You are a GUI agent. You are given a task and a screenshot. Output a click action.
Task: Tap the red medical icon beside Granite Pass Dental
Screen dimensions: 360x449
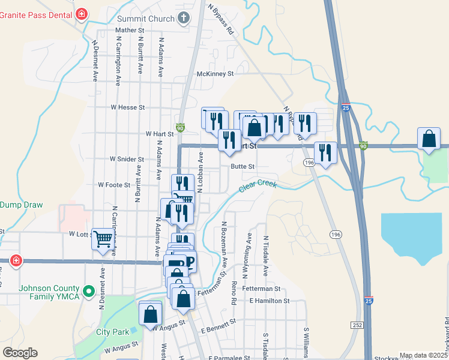pyautogui.click(x=82, y=13)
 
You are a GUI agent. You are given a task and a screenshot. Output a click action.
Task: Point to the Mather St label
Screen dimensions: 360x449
pyautogui.click(x=130, y=30)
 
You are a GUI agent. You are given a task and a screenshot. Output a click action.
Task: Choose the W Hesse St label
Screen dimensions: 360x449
pyautogui.click(x=128, y=107)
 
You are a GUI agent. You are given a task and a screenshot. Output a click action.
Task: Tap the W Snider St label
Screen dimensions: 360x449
pyautogui.click(x=127, y=160)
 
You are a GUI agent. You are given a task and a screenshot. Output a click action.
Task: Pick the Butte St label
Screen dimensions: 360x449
pyautogui.click(x=243, y=167)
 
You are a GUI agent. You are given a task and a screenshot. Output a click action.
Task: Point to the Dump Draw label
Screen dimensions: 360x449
pyautogui.click(x=22, y=205)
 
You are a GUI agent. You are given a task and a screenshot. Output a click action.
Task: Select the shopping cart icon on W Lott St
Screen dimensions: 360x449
pyautogui.click(x=103, y=238)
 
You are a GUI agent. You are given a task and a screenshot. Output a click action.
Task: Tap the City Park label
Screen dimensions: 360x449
pyautogui.click(x=112, y=332)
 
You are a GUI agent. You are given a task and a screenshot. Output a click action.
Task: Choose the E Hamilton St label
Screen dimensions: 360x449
pyautogui.click(x=270, y=301)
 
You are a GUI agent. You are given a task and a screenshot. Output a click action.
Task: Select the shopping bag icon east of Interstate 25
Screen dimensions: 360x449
pyautogui.click(x=429, y=139)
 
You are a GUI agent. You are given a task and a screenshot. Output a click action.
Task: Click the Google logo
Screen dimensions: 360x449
pyautogui.click(x=20, y=353)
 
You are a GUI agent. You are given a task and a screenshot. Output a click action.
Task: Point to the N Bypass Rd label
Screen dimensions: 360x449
pyautogui.click(x=221, y=18)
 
